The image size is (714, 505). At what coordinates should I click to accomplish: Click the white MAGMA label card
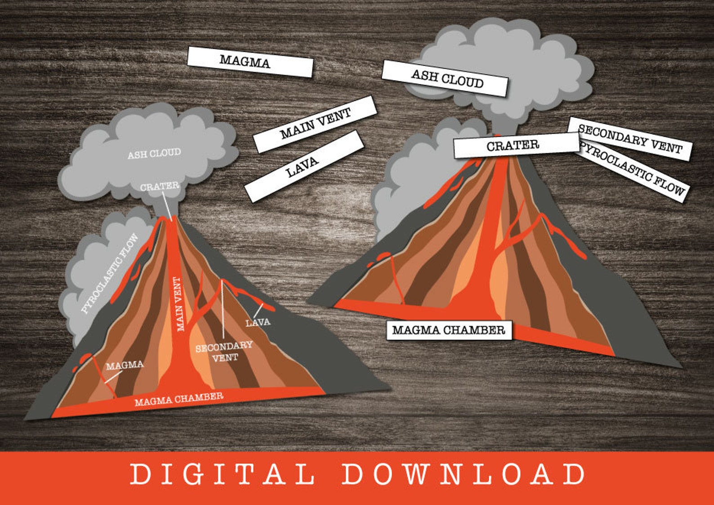click(x=250, y=62)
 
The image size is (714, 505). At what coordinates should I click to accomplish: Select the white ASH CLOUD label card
click(x=445, y=78)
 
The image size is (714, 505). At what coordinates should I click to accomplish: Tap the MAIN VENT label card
click(x=315, y=124)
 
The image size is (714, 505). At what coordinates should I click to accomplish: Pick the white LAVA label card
click(x=303, y=166)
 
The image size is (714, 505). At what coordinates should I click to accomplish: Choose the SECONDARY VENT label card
click(x=629, y=139)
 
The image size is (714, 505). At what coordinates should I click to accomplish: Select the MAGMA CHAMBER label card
click(x=449, y=330)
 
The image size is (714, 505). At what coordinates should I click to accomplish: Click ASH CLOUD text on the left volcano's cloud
click(x=154, y=154)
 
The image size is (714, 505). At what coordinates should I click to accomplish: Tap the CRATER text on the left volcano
click(x=159, y=186)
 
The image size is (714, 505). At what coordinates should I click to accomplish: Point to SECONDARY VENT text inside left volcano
click(x=224, y=351)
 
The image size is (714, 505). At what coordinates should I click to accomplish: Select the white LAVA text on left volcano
click(x=258, y=322)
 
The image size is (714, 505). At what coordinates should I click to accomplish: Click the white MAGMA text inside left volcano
click(x=125, y=365)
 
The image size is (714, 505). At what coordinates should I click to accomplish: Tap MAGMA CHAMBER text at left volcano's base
click(x=179, y=399)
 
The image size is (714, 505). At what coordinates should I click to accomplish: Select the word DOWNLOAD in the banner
click(x=463, y=474)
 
